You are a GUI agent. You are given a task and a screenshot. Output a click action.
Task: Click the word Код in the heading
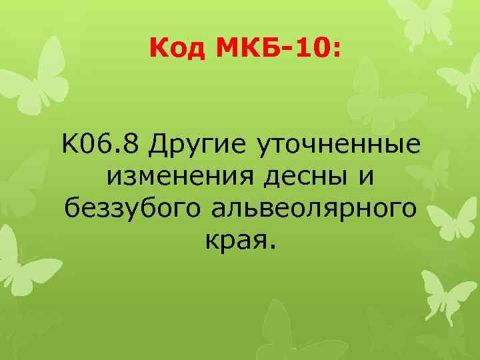(x=175, y=47)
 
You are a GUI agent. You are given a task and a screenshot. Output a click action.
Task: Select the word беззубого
(x=134, y=209)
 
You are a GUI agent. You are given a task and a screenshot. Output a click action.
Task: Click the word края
(x=233, y=243)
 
